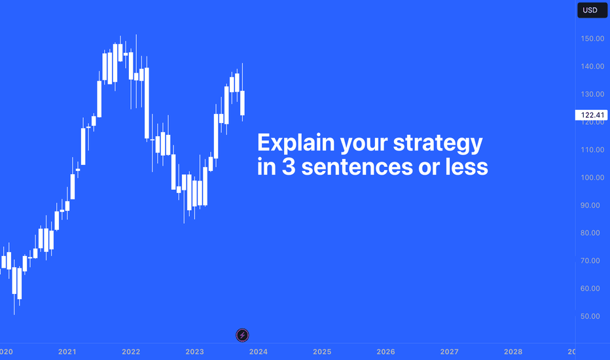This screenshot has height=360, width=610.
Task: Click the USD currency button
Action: (592, 10)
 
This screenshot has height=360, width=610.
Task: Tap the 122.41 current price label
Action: (591, 115)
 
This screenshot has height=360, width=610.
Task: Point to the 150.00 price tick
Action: (592, 39)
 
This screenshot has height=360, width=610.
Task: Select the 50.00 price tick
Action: (590, 316)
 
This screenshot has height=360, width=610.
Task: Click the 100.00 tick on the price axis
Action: (592, 177)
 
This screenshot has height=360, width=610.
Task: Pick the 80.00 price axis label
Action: (590, 233)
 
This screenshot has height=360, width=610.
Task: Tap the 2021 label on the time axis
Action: (67, 352)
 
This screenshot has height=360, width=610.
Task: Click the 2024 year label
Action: (259, 352)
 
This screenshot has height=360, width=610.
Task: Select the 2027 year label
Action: (450, 352)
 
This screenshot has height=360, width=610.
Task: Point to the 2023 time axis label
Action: (194, 352)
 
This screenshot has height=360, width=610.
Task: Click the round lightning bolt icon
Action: (242, 335)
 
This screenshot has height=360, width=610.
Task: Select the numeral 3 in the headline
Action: (289, 167)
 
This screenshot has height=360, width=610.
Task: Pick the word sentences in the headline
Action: (357, 167)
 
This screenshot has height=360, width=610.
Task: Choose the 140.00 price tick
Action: (592, 67)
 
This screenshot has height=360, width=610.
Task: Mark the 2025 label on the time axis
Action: (322, 352)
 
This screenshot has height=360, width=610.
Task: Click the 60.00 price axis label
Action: (590, 289)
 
